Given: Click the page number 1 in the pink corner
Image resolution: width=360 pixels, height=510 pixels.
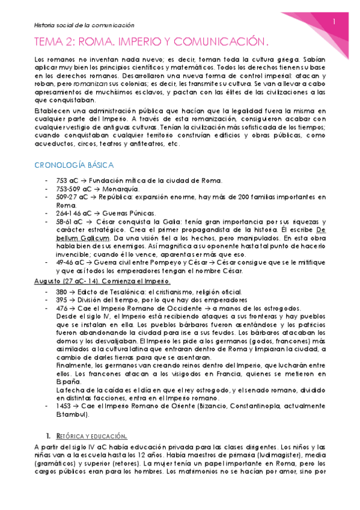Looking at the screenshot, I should pyautogui.click(x=335, y=22).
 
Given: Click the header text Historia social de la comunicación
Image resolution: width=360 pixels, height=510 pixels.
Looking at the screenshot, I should pyautogui.click(x=83, y=25).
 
